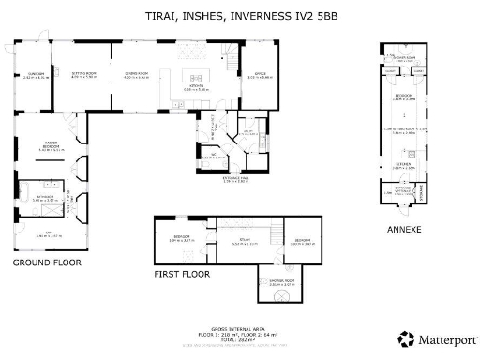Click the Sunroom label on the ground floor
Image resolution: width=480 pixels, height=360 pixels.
(36, 75)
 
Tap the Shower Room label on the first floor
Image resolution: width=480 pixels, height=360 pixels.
(282, 281)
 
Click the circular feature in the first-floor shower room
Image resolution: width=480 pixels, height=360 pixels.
(282, 297)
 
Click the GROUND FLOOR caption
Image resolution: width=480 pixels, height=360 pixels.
(47, 263)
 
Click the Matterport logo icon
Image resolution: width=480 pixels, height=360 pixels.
(405, 338)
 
